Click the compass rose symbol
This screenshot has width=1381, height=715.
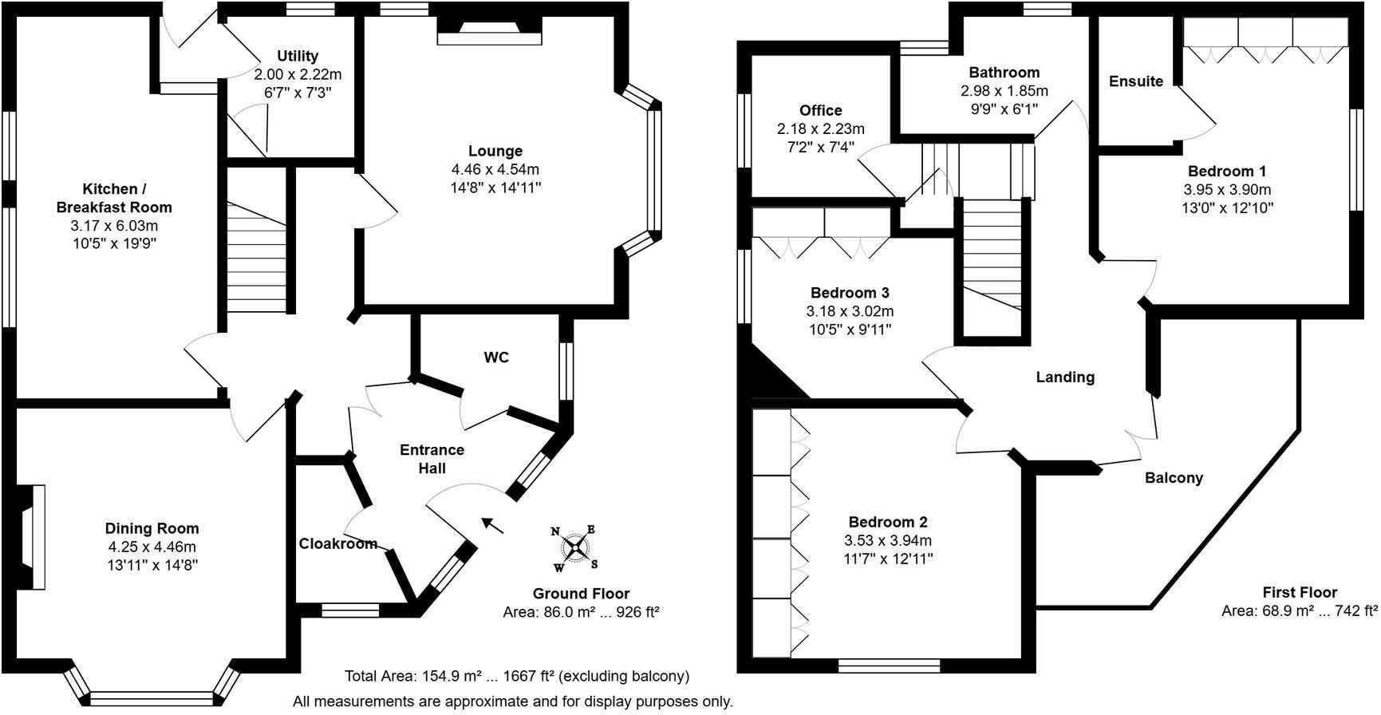(x=574, y=547)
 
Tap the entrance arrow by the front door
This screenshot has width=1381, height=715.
(x=492, y=524)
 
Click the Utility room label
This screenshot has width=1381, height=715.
(x=298, y=56)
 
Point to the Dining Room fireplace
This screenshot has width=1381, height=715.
(x=30, y=536)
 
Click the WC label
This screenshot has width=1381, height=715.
(x=496, y=357)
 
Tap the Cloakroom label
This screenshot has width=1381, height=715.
(x=338, y=544)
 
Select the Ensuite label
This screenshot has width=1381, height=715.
(x=1136, y=81)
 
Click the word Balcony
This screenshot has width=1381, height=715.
(x=1174, y=478)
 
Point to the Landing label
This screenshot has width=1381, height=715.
(x=1065, y=377)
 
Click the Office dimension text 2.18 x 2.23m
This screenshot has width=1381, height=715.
(x=821, y=129)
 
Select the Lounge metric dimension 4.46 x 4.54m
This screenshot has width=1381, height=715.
(x=495, y=169)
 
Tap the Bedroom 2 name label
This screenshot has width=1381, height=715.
(x=888, y=523)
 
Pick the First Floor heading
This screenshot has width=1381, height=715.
(x=1300, y=592)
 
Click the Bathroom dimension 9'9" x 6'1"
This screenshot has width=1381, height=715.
(x=1004, y=109)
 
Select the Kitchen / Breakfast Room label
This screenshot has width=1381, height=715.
(x=114, y=198)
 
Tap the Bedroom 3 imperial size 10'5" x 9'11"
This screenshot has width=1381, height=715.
(x=850, y=330)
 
